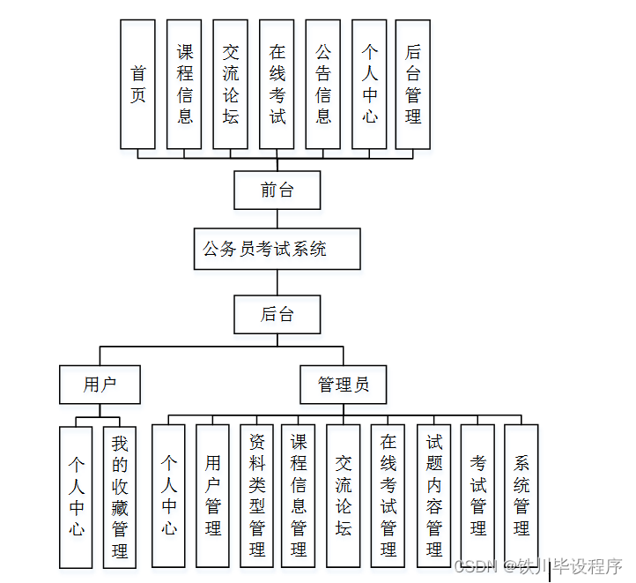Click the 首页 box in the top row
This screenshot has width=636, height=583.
tap(137, 84)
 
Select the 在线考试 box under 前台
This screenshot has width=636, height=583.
tap(277, 84)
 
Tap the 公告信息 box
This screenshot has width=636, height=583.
tap(323, 84)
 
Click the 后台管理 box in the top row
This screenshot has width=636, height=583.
tap(413, 84)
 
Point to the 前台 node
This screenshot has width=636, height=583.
tap(277, 190)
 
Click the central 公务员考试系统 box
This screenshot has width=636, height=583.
tap(277, 249)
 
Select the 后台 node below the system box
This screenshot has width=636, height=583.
tap(277, 314)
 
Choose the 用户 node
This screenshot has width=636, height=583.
tap(100, 385)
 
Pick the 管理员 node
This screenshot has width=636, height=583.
tap(344, 385)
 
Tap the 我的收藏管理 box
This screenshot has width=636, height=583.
tap(120, 497)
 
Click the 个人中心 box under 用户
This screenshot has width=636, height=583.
tap(77, 497)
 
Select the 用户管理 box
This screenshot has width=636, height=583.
tap(212, 495)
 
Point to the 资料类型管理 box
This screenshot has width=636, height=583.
tap(256, 495)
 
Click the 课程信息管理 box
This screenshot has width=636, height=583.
tap(299, 495)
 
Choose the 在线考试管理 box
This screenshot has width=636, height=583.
tap(388, 495)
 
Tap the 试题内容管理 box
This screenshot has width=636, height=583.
tap(433, 495)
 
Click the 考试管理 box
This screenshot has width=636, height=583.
tap(477, 495)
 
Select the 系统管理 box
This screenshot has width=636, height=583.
tap(521, 495)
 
